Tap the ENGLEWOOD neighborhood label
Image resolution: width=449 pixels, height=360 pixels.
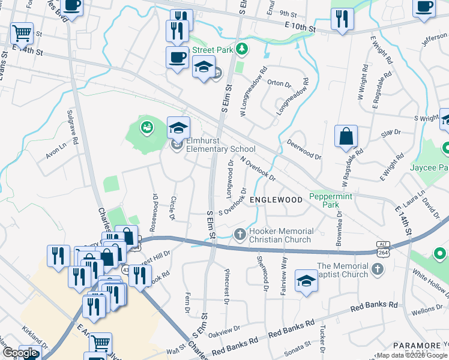[x=276, y=199]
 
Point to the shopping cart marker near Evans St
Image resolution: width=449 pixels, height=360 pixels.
[x=22, y=34]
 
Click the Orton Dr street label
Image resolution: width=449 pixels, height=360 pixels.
[x=278, y=83]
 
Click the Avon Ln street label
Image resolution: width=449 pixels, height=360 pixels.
[x=56, y=154]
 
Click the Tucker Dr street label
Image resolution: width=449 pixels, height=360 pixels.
[x=322, y=339]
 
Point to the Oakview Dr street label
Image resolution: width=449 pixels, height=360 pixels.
[x=228, y=329]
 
